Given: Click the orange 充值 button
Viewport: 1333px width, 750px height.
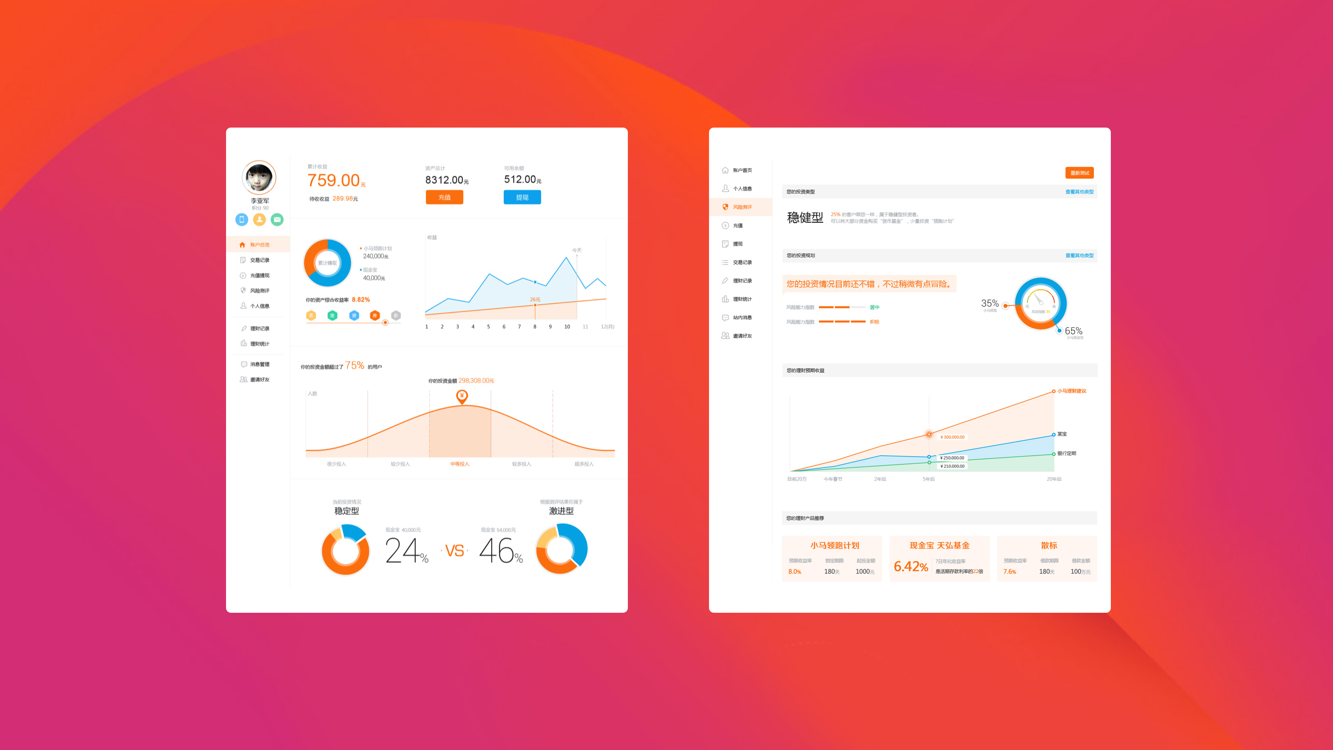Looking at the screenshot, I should (x=444, y=197).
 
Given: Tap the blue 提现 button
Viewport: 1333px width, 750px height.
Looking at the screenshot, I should (x=522, y=197).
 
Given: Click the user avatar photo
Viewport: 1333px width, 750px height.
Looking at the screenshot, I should (x=259, y=177).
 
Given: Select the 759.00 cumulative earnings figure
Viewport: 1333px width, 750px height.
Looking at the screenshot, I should (x=334, y=180).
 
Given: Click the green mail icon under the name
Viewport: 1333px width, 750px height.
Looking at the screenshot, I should (x=277, y=219).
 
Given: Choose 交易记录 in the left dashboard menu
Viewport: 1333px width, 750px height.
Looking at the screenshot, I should (x=259, y=260).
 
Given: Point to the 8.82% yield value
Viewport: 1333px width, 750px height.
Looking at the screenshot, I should (x=361, y=300).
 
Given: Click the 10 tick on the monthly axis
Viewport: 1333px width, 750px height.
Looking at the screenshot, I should (x=567, y=327).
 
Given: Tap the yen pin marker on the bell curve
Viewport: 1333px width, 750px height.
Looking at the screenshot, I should (x=462, y=396).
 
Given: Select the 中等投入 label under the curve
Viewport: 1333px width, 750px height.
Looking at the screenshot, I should (x=459, y=464).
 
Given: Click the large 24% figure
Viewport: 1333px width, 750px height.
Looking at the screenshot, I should (x=406, y=551).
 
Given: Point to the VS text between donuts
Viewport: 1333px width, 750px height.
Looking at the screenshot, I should (x=454, y=551).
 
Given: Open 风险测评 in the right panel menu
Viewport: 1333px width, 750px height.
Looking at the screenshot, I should (x=742, y=207).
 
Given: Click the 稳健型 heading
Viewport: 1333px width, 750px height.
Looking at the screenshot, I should (x=805, y=218).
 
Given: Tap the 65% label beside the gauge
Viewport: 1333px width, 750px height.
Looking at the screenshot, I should (x=1073, y=331).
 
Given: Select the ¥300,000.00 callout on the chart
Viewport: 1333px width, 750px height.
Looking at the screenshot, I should (x=952, y=437).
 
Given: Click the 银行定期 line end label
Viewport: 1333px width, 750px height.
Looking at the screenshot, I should (x=1066, y=453).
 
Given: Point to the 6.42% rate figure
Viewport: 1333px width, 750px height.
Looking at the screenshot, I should (x=911, y=566).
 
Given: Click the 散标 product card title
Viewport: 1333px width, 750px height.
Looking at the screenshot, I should (x=1049, y=546).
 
